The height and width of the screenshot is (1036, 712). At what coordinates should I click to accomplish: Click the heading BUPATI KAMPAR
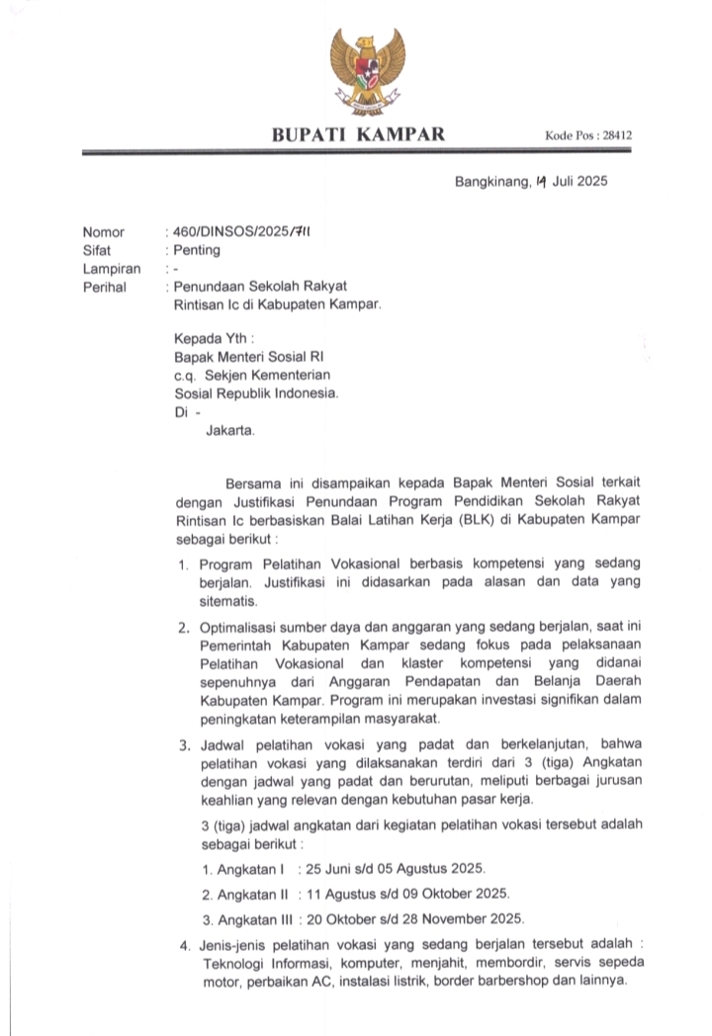(358, 134)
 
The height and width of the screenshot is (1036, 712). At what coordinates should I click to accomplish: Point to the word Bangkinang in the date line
(490, 182)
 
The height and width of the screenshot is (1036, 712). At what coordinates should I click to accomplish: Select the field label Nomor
(104, 232)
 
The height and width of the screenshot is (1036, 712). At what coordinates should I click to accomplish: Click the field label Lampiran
(111, 269)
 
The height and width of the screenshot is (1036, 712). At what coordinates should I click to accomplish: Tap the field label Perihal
(105, 287)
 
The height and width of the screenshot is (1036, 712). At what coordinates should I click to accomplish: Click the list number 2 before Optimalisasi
(183, 629)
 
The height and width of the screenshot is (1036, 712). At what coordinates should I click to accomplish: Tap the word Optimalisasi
(240, 628)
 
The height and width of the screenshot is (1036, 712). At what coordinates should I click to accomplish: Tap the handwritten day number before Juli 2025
(540, 182)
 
